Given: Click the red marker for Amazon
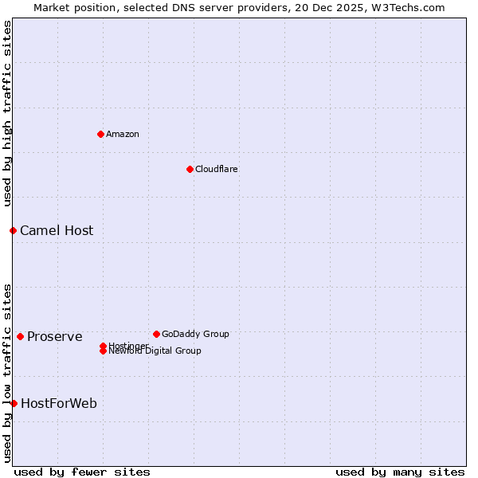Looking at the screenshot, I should click(x=100, y=134).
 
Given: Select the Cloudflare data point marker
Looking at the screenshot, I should click(x=190, y=169).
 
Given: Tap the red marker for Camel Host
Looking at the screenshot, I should click(x=13, y=230).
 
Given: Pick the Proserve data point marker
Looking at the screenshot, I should click(x=20, y=336).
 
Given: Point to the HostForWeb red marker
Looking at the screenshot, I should click(x=14, y=403).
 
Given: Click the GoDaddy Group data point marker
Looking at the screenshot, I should click(x=156, y=334).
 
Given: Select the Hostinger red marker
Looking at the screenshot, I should click(x=103, y=346).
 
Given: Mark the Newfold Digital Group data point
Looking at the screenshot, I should click(x=103, y=351).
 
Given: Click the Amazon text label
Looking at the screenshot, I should click(x=123, y=134).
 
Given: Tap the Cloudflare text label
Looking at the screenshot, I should click(x=217, y=169).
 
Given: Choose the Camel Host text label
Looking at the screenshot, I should click(x=57, y=230).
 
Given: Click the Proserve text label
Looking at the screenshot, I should click(x=55, y=336).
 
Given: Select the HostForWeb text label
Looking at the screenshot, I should click(x=59, y=403).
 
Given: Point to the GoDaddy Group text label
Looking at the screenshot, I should click(x=195, y=334).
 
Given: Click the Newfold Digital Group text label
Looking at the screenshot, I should click(x=155, y=351).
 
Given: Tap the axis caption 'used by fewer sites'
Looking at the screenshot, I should click(x=82, y=472).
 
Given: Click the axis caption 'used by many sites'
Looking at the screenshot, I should click(x=400, y=472).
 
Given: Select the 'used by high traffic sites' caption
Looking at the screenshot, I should click(x=7, y=113).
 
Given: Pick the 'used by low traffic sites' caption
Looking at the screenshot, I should click(x=7, y=372).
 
